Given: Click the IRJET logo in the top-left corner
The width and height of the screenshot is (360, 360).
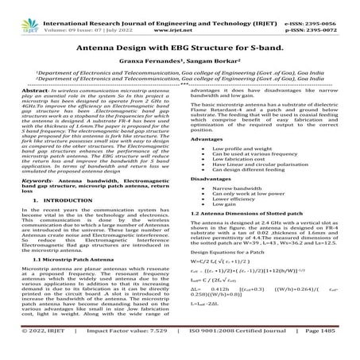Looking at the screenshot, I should pos(19,14).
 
